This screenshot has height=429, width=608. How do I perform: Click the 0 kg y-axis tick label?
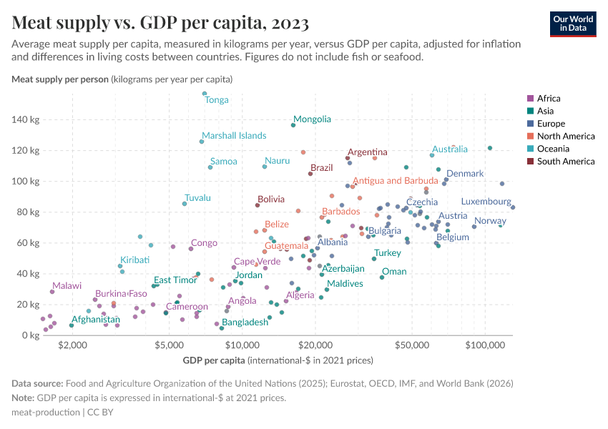(29, 335)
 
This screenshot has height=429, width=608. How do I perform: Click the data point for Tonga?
(205, 94)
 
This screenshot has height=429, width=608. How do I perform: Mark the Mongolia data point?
(293, 126)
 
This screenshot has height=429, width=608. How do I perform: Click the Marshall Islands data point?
(202, 142)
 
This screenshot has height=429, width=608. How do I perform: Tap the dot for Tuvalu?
(185, 204)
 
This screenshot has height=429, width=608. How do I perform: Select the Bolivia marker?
(258, 205)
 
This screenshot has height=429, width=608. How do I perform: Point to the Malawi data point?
(52, 292)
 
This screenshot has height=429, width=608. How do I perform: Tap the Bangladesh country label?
(245, 322)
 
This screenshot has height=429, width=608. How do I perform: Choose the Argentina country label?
(368, 152)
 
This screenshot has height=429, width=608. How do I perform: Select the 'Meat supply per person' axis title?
(60, 79)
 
